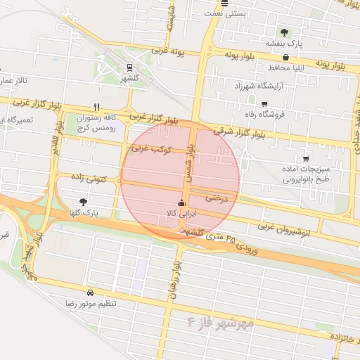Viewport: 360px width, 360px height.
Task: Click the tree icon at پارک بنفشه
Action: click(x=284, y=32)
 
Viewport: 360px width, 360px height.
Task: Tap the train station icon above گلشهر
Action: click(x=130, y=67)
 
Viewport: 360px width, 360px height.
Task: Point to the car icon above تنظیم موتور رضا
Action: click(x=90, y=292)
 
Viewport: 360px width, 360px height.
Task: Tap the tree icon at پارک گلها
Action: click(x=84, y=202)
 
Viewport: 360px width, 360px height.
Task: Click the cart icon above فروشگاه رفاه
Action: click(x=264, y=103)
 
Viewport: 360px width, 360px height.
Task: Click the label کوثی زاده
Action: click(x=89, y=179)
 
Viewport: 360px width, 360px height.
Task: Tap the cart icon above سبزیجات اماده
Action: click(x=305, y=158)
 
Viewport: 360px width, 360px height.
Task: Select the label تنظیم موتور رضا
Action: click(x=90, y=303)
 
